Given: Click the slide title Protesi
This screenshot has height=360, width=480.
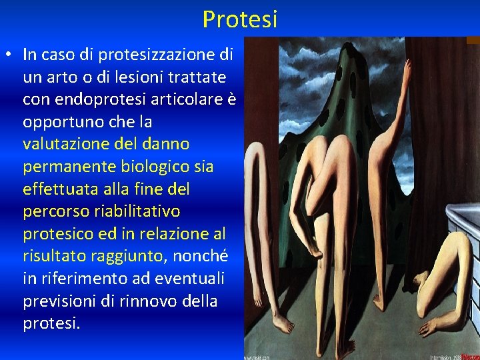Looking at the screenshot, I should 240,19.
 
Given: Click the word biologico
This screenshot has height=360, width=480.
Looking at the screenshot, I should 169,167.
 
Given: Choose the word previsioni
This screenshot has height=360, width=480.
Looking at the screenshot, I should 61,301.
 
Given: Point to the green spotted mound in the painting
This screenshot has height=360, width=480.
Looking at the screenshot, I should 340,93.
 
